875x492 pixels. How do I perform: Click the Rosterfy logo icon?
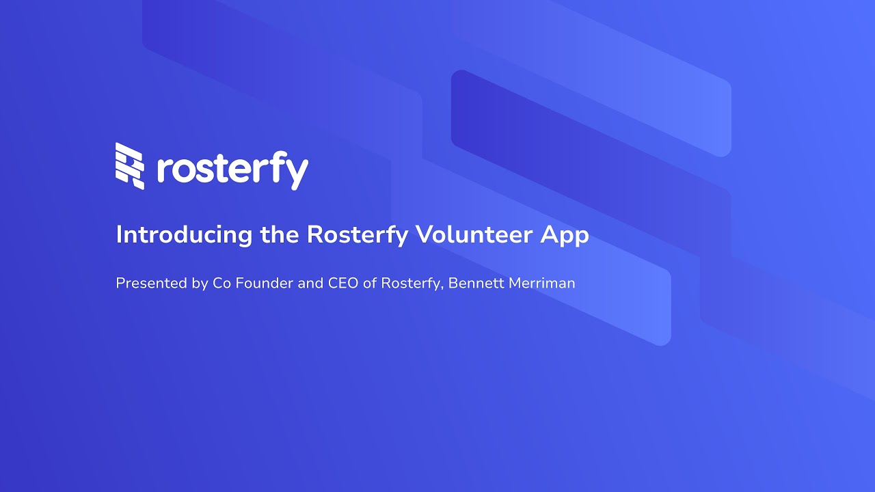tap(130, 165)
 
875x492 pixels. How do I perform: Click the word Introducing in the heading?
tap(184, 234)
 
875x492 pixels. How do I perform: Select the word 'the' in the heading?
tap(280, 234)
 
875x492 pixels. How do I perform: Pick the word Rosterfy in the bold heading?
tap(358, 234)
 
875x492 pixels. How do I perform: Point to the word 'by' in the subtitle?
tap(200, 284)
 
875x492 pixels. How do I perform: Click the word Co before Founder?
tap(222, 283)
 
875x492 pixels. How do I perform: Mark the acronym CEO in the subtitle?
tap(343, 283)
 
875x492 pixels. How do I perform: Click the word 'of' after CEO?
tap(370, 283)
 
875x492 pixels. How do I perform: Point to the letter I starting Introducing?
tap(119, 234)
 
